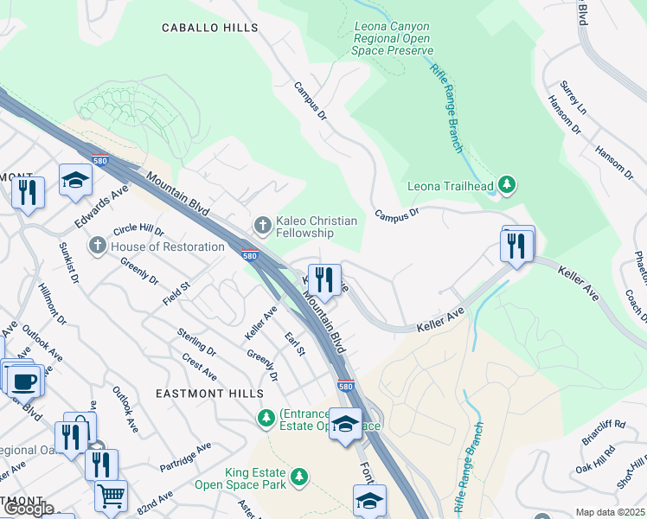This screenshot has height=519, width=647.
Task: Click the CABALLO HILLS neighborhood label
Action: (210, 28)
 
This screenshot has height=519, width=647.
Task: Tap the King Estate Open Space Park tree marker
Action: (299, 477)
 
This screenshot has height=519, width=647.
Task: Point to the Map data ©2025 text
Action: (609, 512)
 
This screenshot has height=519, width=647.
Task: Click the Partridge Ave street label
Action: (185, 458)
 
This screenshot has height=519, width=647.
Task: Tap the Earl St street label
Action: (296, 343)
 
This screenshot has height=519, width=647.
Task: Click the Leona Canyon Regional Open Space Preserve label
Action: (392, 39)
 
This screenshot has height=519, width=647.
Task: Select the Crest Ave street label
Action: (199, 366)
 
